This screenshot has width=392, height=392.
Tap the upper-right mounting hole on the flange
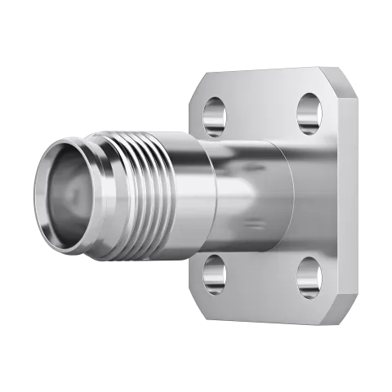(310, 113)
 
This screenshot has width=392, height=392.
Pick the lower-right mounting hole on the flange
(310, 275)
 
